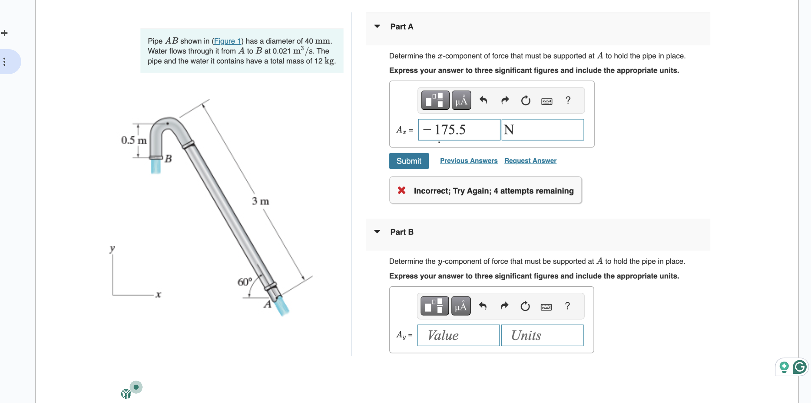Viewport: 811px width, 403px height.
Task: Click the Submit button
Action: (409, 161)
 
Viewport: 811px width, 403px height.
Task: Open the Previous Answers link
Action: (468, 161)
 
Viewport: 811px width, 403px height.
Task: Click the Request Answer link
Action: (530, 161)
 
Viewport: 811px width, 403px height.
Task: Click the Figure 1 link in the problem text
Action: (227, 41)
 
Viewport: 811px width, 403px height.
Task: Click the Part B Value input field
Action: (458, 335)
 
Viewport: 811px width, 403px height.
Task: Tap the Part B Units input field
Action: (542, 335)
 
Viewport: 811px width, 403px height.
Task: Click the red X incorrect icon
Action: (401, 190)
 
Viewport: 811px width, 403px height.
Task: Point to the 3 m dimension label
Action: (260, 201)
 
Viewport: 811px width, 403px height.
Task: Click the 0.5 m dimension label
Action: (134, 140)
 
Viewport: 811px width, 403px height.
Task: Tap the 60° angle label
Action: (244, 282)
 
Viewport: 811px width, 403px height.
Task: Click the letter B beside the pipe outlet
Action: (168, 159)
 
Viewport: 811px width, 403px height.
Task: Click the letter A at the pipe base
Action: (267, 304)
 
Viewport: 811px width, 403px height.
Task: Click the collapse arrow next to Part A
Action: (377, 26)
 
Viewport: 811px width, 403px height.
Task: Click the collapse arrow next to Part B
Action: (377, 232)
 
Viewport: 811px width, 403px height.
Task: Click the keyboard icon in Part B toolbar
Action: (546, 307)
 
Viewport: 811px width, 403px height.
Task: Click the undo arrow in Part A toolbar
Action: (483, 100)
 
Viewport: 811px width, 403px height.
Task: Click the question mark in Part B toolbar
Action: (567, 306)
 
